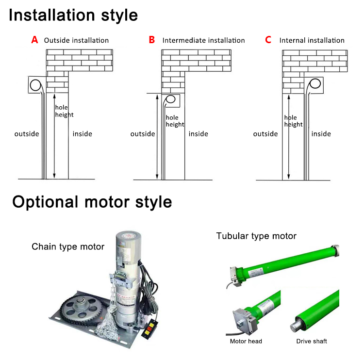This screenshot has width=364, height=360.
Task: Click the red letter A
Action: click(x=34, y=40)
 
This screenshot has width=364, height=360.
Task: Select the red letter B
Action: click(x=152, y=40)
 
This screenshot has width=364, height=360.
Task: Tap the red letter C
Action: click(x=268, y=40)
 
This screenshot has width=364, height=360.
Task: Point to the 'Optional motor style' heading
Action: click(x=92, y=201)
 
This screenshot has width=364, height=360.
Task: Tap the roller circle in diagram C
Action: click(x=316, y=84)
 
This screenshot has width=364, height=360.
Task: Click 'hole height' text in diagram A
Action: click(x=64, y=111)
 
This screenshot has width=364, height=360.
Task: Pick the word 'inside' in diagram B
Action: click(x=199, y=134)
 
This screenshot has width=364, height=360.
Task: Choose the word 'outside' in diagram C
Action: click(x=265, y=134)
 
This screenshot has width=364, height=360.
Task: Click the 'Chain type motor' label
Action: click(x=68, y=247)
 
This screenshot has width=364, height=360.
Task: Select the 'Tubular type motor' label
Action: click(x=256, y=236)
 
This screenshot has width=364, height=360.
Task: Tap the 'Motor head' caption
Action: click(x=246, y=341)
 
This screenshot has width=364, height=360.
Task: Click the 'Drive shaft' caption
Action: click(x=312, y=341)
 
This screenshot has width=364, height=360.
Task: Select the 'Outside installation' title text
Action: click(x=76, y=40)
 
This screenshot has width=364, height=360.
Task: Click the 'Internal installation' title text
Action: click(x=312, y=40)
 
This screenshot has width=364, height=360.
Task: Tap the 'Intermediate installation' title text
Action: click(x=203, y=40)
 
